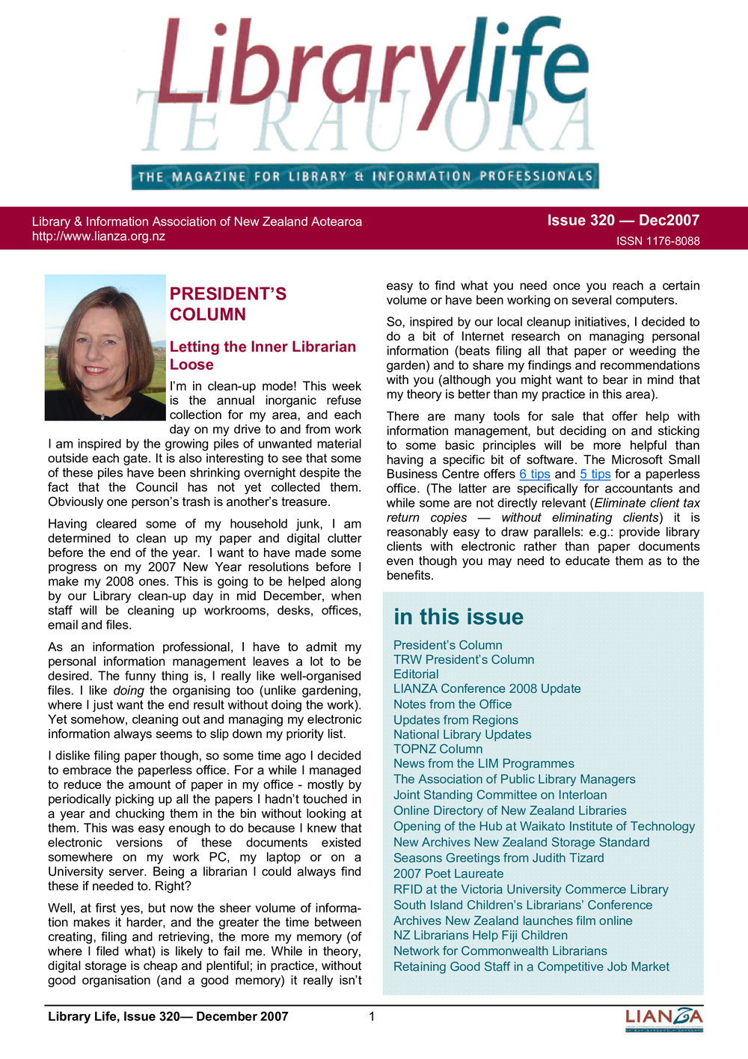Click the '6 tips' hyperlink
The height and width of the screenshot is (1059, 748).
tap(534, 474)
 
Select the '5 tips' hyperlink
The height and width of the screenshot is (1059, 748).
tap(595, 474)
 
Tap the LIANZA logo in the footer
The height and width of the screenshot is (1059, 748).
tap(663, 1019)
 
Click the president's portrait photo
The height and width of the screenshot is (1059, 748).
tap(105, 347)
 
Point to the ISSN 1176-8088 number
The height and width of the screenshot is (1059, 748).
tap(657, 241)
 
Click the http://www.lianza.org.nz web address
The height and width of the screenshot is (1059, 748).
tap(98, 236)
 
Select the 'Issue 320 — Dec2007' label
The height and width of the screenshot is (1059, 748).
tap(623, 220)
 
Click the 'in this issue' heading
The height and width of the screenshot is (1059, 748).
tap(459, 617)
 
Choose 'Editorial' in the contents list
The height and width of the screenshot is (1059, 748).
tap(416, 674)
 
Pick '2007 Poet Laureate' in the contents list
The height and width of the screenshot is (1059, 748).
tap(448, 873)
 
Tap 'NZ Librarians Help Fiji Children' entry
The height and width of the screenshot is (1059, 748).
tap(480, 936)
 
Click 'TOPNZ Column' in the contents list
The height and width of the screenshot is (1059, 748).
tap(438, 749)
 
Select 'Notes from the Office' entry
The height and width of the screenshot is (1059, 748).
tap(453, 704)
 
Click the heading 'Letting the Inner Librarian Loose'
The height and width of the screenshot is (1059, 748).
tap(263, 355)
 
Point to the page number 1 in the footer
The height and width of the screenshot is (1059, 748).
tap(372, 1016)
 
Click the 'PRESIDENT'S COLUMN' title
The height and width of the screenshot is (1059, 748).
tap(227, 304)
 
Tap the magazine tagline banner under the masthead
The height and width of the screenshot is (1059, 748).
tap(365, 177)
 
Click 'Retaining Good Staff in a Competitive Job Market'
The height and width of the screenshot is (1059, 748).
tap(531, 967)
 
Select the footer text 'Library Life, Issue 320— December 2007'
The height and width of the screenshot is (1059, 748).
tap(168, 1016)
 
